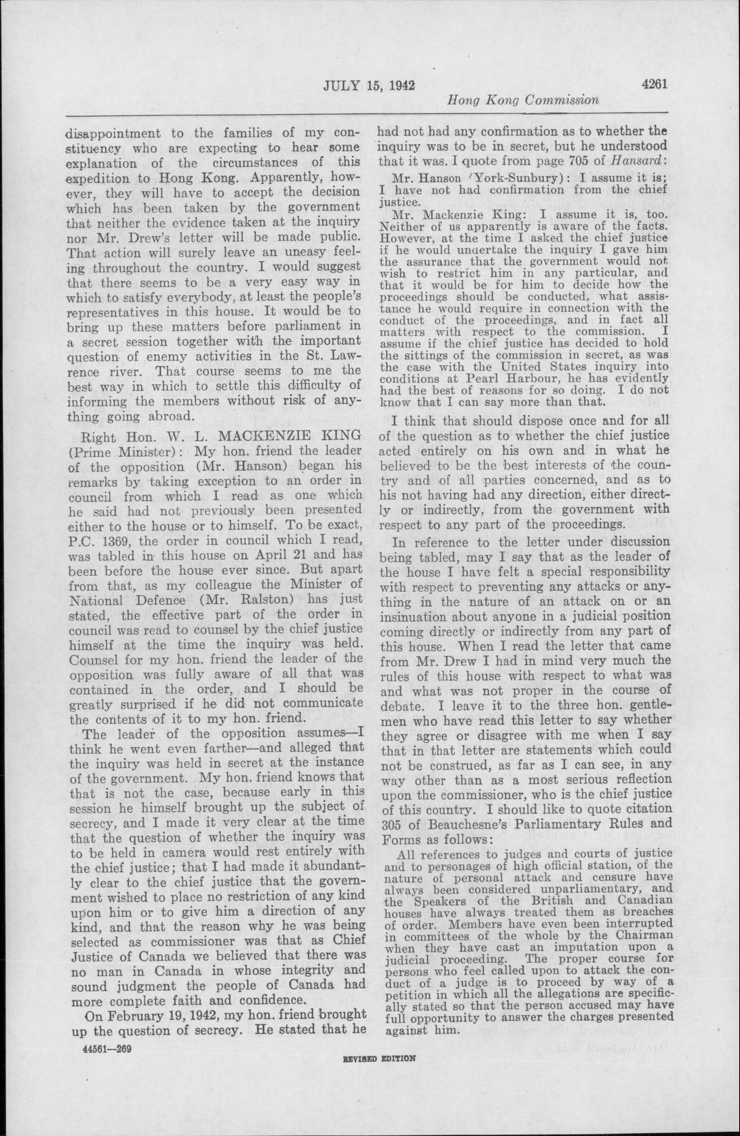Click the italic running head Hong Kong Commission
[522, 100]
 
